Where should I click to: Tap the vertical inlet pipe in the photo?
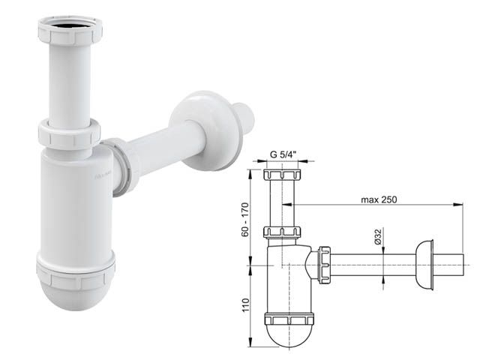click(67, 82)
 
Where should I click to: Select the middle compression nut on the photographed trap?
click(68, 135)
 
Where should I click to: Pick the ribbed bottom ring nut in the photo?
click(75, 267)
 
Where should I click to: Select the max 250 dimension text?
click(378, 199)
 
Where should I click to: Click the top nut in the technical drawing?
click(282, 177)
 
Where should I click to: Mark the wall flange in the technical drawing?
click(424, 263)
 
